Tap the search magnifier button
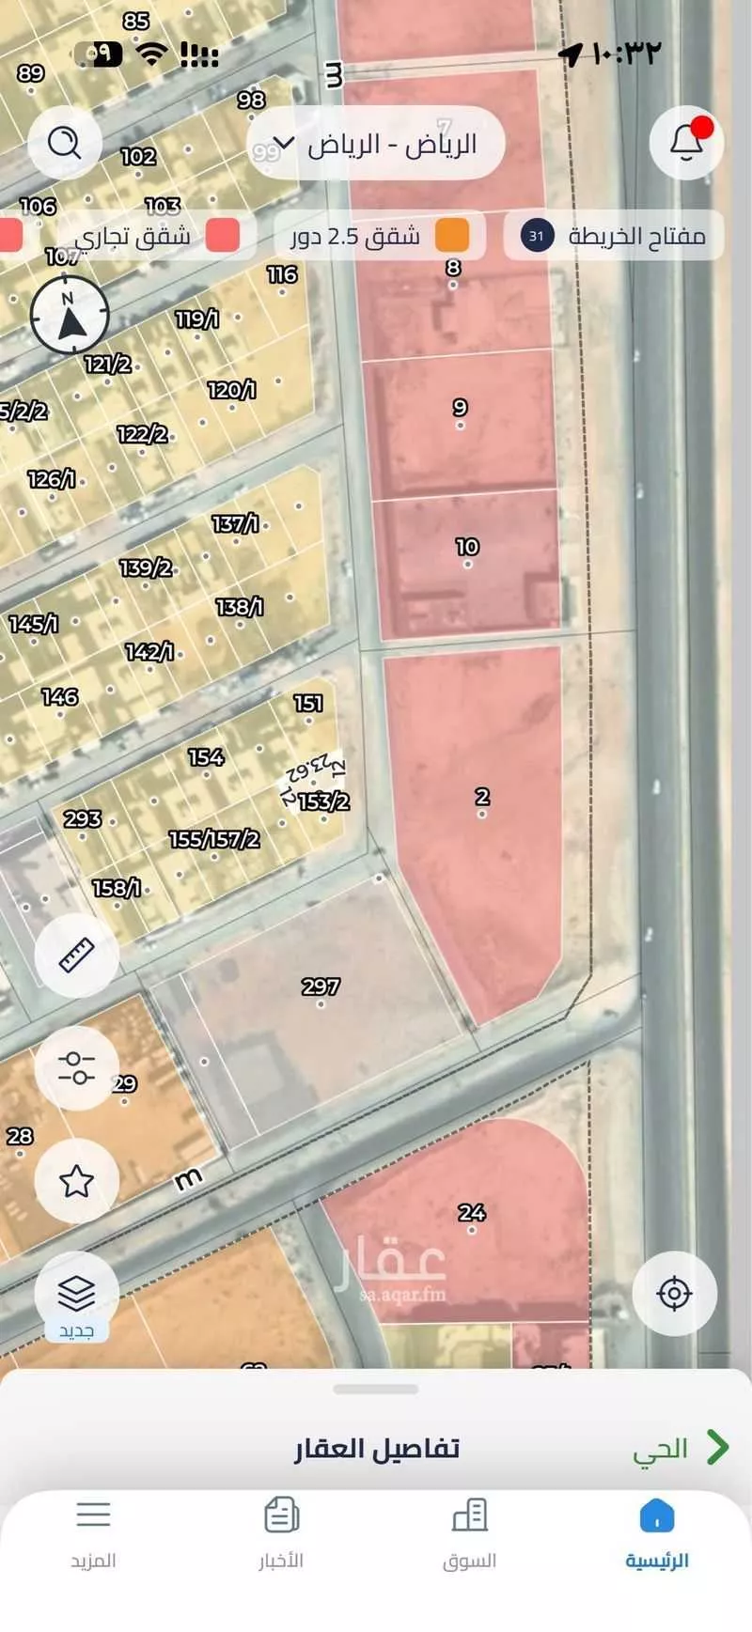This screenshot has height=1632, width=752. [x=64, y=143]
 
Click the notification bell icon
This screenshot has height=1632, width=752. [x=686, y=143]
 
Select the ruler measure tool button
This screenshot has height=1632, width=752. [x=76, y=955]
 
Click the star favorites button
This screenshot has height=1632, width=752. [x=76, y=1181]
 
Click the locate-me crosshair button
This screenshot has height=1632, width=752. [x=674, y=1294]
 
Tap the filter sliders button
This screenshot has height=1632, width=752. [x=76, y=1067]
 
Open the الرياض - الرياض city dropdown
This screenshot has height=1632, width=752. [x=376, y=145]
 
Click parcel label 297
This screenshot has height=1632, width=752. [x=321, y=987]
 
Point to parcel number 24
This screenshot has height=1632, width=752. [x=472, y=1212]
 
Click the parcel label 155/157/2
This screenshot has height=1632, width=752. [x=214, y=839]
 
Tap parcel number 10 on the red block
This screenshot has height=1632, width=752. [x=467, y=547]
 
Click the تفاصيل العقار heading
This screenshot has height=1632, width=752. [x=377, y=1448]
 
